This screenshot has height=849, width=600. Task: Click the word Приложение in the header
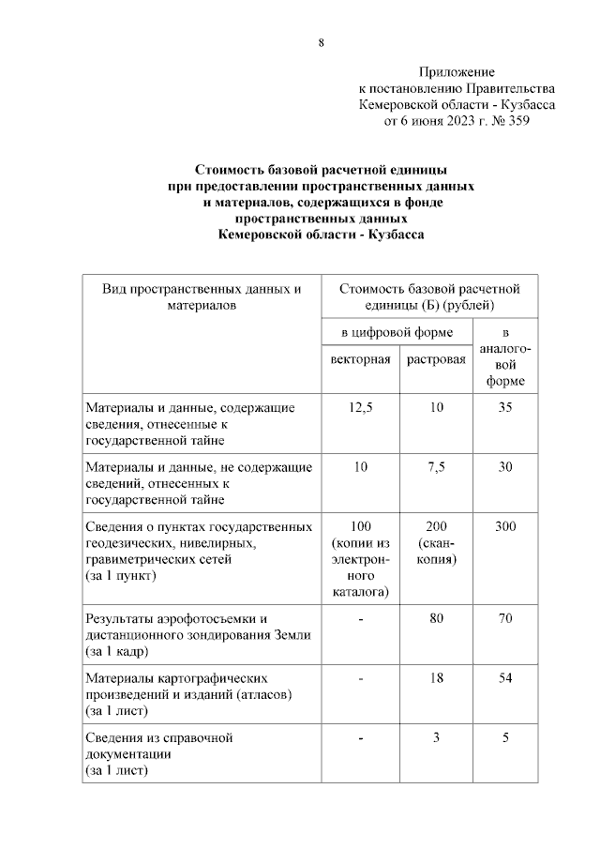(x=457, y=72)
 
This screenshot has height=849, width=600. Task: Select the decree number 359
(x=514, y=121)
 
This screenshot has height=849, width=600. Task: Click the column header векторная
(x=360, y=360)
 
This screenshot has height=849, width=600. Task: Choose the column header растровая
(x=435, y=360)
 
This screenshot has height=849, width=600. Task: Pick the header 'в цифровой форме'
(x=397, y=332)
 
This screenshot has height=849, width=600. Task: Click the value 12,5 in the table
(x=360, y=407)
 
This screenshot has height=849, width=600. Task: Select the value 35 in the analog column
(x=505, y=407)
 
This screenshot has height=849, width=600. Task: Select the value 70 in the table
(x=505, y=618)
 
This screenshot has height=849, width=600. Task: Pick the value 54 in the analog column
(x=505, y=677)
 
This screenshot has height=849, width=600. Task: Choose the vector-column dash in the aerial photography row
(x=360, y=618)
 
